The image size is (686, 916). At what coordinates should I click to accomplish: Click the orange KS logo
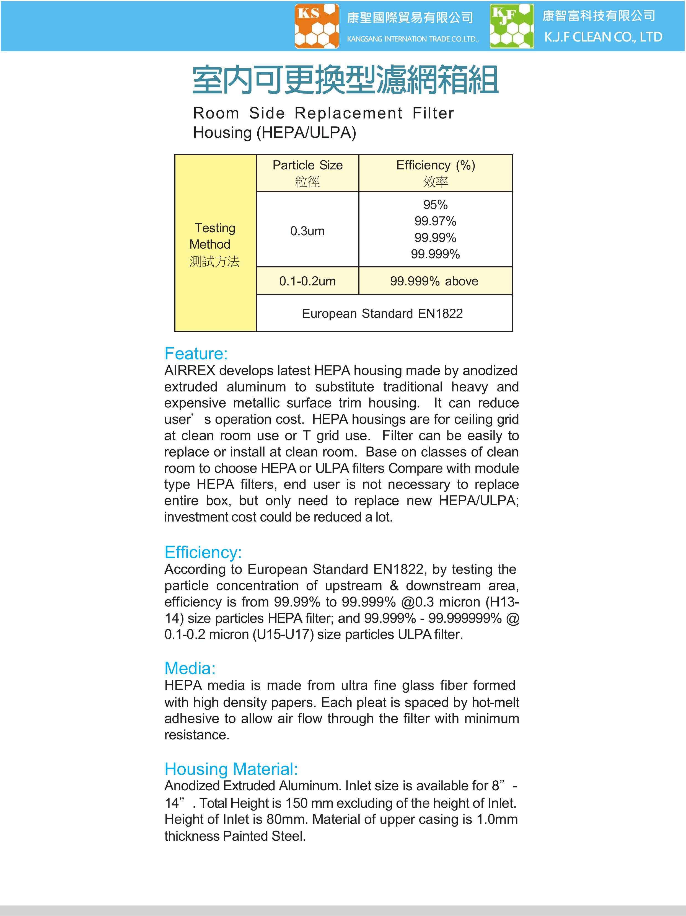point(317,26)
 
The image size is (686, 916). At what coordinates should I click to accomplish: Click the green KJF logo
point(512,26)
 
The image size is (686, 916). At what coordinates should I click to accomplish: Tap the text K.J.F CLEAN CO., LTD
point(603,37)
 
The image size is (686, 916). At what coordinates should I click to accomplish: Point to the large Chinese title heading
point(345,80)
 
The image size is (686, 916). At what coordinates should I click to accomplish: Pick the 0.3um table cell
point(307,231)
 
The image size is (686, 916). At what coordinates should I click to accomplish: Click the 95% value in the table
point(436,205)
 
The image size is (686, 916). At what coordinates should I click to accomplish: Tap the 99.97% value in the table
point(436,221)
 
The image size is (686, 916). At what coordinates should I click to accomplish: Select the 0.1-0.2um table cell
point(307,281)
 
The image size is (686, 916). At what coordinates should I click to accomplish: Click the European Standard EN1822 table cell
point(382,313)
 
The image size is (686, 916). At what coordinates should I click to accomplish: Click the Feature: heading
point(196,354)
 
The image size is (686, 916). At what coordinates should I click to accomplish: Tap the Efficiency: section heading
point(203,553)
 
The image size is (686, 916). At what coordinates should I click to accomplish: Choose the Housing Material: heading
point(231,769)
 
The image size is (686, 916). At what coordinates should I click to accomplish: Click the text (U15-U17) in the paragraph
point(283,634)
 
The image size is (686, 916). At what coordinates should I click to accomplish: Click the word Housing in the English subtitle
point(222,133)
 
